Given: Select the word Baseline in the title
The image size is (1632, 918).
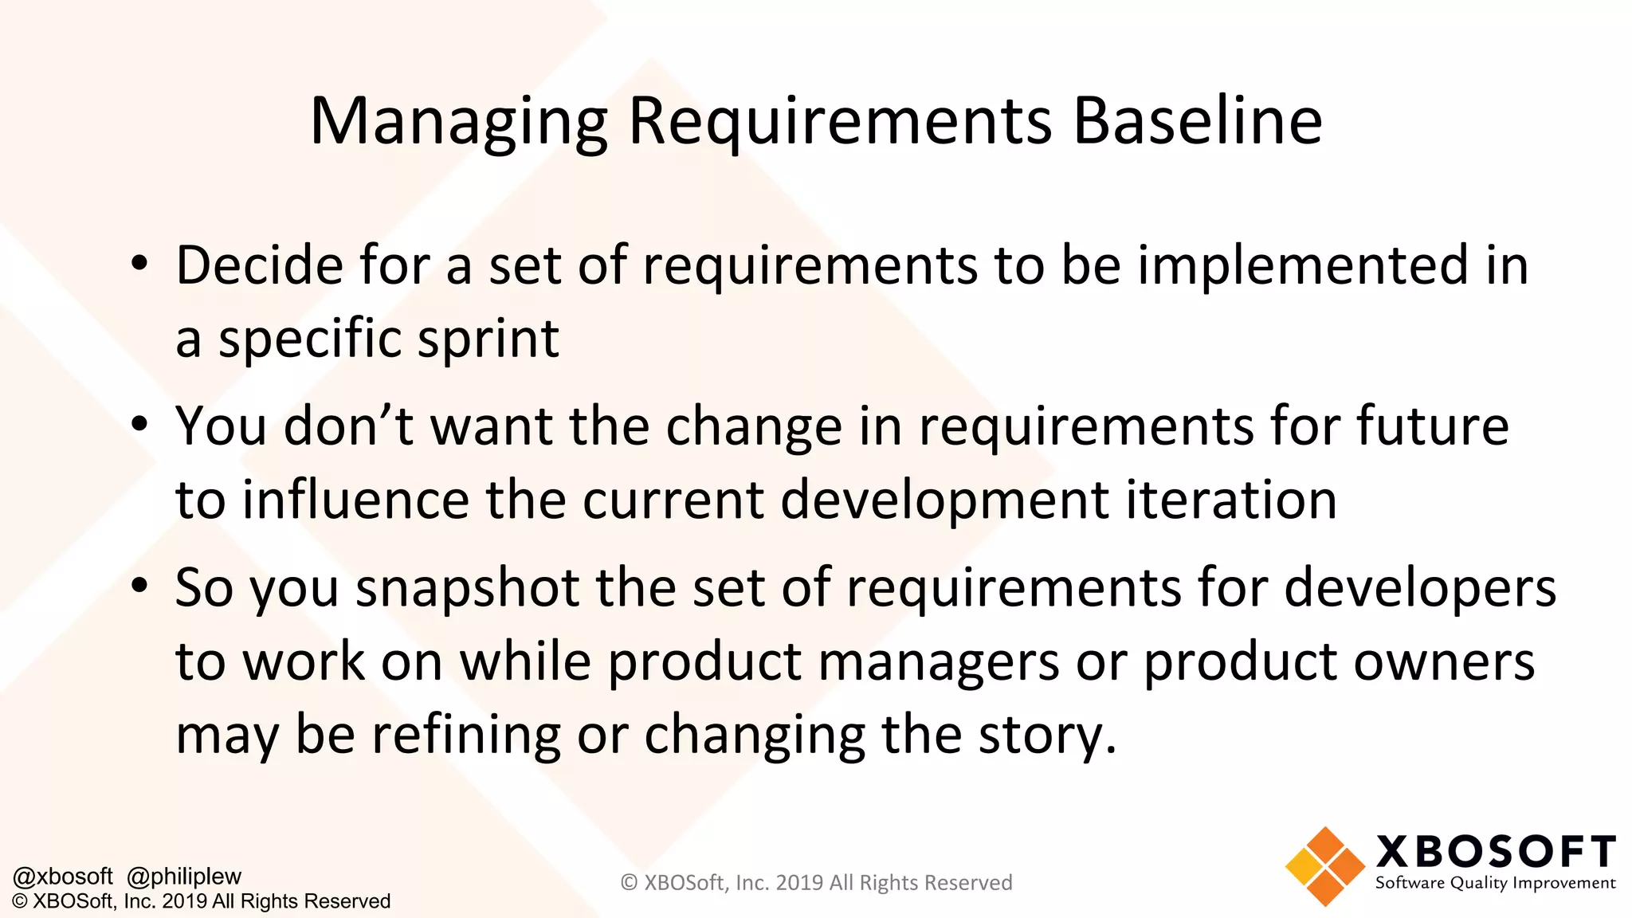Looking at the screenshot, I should click(x=1198, y=121).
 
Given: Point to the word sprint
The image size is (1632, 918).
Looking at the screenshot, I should click(x=488, y=339).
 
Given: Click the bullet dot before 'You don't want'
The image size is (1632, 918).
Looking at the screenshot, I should click(x=139, y=424).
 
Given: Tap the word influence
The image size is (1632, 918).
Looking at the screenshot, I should click(x=355, y=500).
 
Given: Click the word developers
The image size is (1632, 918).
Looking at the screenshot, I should click(x=1419, y=588).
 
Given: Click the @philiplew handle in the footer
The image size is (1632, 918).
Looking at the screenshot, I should click(x=184, y=877).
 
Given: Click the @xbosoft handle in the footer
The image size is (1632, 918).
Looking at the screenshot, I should click(x=63, y=877).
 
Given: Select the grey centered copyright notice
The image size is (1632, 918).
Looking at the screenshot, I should click(x=816, y=883).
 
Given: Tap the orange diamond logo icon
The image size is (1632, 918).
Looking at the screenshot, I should click(x=1324, y=866).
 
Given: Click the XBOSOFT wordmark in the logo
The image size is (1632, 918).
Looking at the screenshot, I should click(x=1496, y=852).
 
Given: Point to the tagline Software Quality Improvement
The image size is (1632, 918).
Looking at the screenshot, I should click(x=1495, y=883).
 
